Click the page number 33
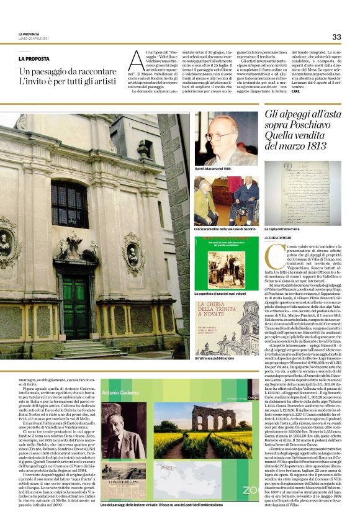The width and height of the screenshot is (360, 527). click(336, 37)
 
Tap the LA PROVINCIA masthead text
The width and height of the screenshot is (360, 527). click(29, 34)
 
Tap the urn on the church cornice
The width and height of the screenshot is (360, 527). click(145, 148)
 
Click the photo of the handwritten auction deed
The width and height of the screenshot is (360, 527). click(302, 192)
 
